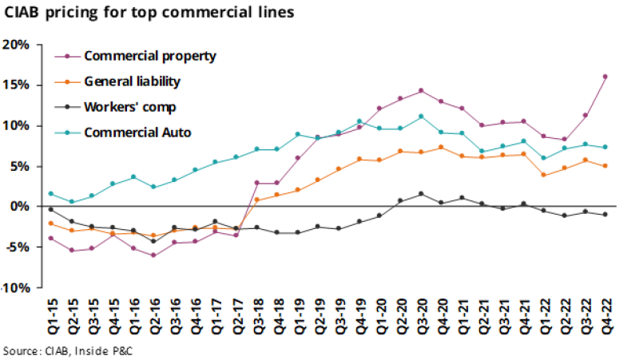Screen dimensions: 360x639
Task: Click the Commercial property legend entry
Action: pos(149,56)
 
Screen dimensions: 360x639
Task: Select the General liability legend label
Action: pos(132,81)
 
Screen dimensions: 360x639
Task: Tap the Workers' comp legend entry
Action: pos(129,106)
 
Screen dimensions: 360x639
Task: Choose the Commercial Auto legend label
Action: pos(137,132)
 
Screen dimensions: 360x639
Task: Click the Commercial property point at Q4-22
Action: pos(605,77)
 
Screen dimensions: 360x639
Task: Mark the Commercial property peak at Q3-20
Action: pos(421,90)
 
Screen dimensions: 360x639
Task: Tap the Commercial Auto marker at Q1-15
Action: pos(51,193)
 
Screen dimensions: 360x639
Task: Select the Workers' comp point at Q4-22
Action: pos(605,215)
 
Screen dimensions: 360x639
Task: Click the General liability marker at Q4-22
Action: pos(605,166)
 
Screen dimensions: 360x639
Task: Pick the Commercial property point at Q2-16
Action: pos(153,255)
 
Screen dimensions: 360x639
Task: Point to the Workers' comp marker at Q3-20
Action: pos(421,194)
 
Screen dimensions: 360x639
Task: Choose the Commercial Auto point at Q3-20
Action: pos(421,117)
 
